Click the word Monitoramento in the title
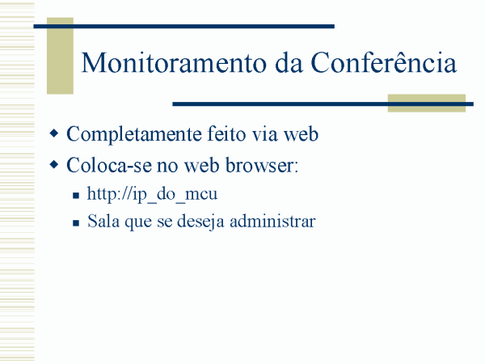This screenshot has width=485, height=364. pos(174,63)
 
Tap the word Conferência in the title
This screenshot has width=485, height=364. pos(383,62)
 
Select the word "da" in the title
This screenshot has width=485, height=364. pos(289,63)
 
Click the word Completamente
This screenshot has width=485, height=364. pos(133,135)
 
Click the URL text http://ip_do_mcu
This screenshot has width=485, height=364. pos(152,194)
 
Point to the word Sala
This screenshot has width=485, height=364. pos(103,221)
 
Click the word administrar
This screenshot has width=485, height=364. pos(272,221)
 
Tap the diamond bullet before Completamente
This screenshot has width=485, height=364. pos(54,133)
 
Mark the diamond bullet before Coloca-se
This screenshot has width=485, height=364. pos(54,165)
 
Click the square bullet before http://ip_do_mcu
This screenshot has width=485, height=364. pos(76,196)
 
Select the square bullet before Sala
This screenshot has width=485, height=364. pos(76,223)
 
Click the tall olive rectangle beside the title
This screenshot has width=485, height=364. pos(60,56)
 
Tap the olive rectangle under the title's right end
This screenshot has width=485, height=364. pos(427,103)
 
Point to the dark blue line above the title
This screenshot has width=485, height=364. pos(183,27)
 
